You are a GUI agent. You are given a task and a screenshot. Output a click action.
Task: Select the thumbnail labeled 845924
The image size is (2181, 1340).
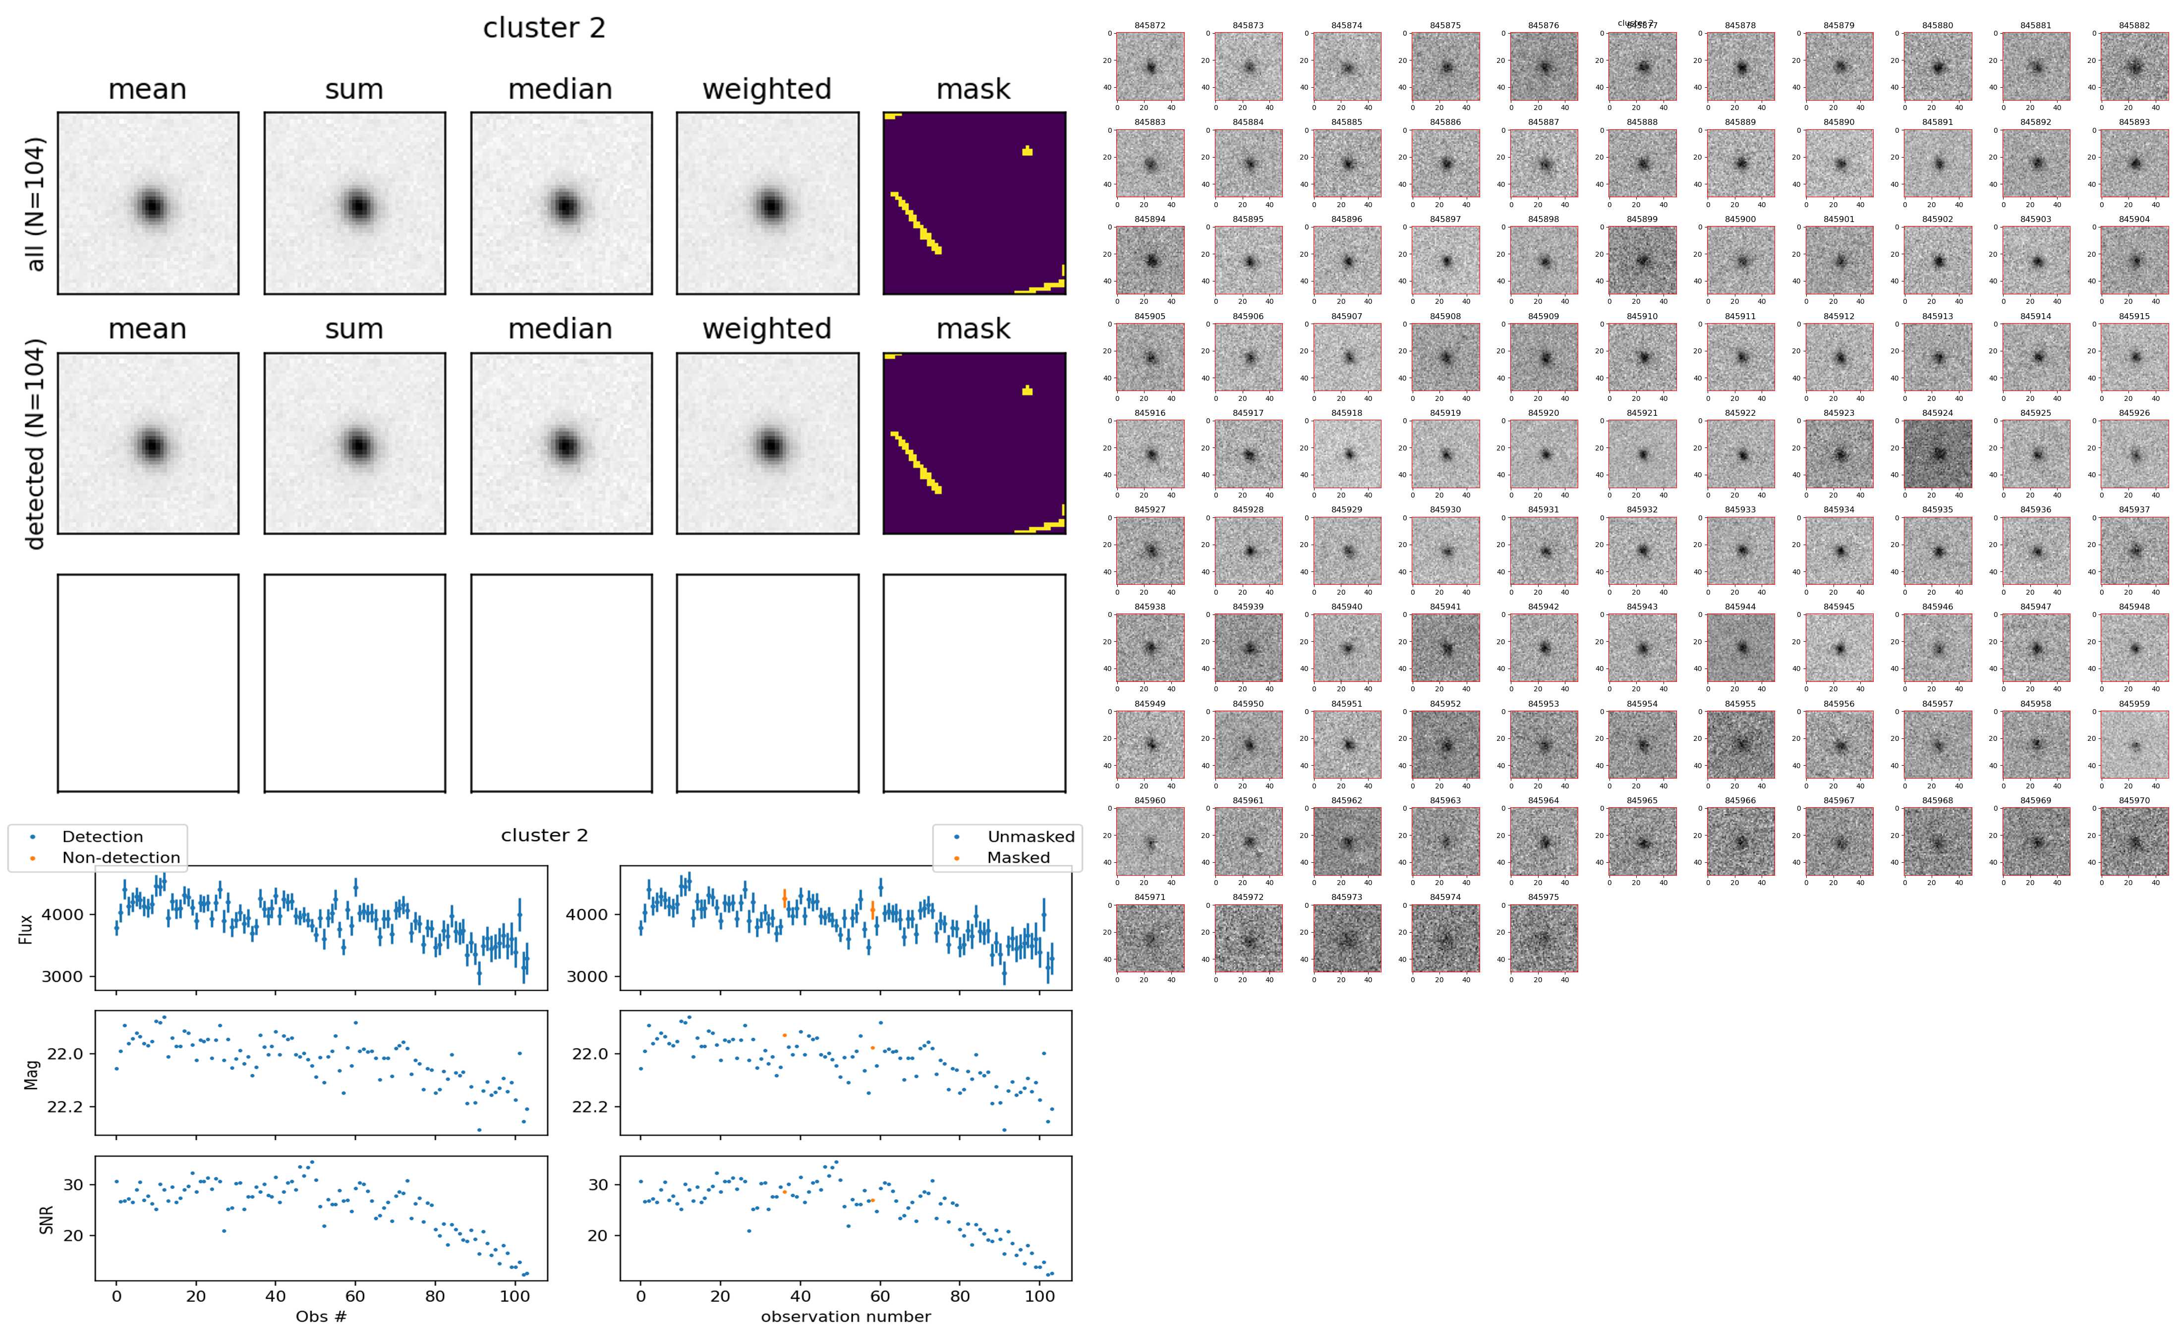click(1937, 454)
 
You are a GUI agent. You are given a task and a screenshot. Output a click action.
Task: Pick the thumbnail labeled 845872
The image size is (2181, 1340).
click(1149, 66)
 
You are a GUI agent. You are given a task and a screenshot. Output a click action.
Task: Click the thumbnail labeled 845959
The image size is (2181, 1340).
click(2134, 744)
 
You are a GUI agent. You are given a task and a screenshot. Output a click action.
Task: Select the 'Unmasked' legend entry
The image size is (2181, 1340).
click(1030, 837)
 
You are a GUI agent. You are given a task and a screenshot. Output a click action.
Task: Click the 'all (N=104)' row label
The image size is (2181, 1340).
click(36, 204)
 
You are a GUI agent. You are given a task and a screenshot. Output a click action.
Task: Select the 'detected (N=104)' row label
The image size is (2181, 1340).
click(36, 443)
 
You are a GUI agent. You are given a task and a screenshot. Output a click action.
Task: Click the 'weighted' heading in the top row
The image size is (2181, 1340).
click(767, 90)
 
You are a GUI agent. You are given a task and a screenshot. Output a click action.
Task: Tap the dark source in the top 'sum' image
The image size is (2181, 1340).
click(357, 206)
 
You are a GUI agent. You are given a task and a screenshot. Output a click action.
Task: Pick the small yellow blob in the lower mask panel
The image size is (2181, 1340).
click(1027, 390)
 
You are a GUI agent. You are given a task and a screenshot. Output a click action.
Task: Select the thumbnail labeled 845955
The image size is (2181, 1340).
click(1740, 744)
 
